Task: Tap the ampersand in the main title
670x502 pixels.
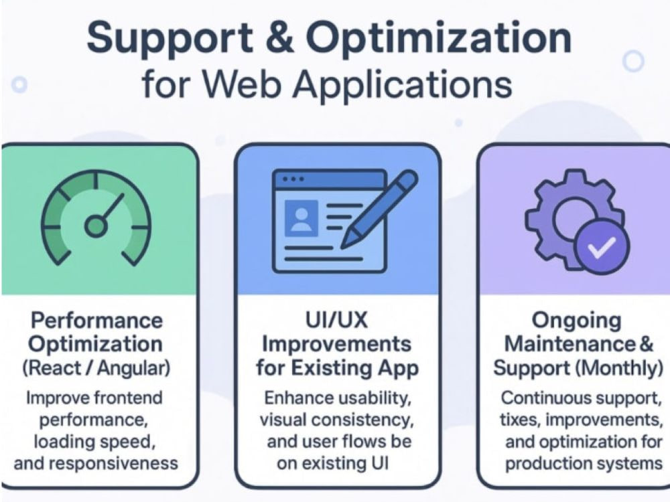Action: [279, 37]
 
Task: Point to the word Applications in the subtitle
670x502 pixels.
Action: [402, 84]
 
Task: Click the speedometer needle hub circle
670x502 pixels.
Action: [96, 226]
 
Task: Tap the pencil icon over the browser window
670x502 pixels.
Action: [379, 209]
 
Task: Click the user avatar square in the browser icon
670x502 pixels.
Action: [301, 218]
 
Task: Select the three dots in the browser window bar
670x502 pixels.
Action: [293, 179]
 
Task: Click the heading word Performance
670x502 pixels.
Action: [96, 320]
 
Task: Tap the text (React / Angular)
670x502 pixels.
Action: [96, 368]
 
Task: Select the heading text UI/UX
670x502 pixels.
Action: [337, 320]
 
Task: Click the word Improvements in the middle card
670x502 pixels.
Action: [337, 344]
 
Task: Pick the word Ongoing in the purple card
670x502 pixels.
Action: [576, 321]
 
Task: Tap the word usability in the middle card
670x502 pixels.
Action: [374, 398]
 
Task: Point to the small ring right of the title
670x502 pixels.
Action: [633, 61]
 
